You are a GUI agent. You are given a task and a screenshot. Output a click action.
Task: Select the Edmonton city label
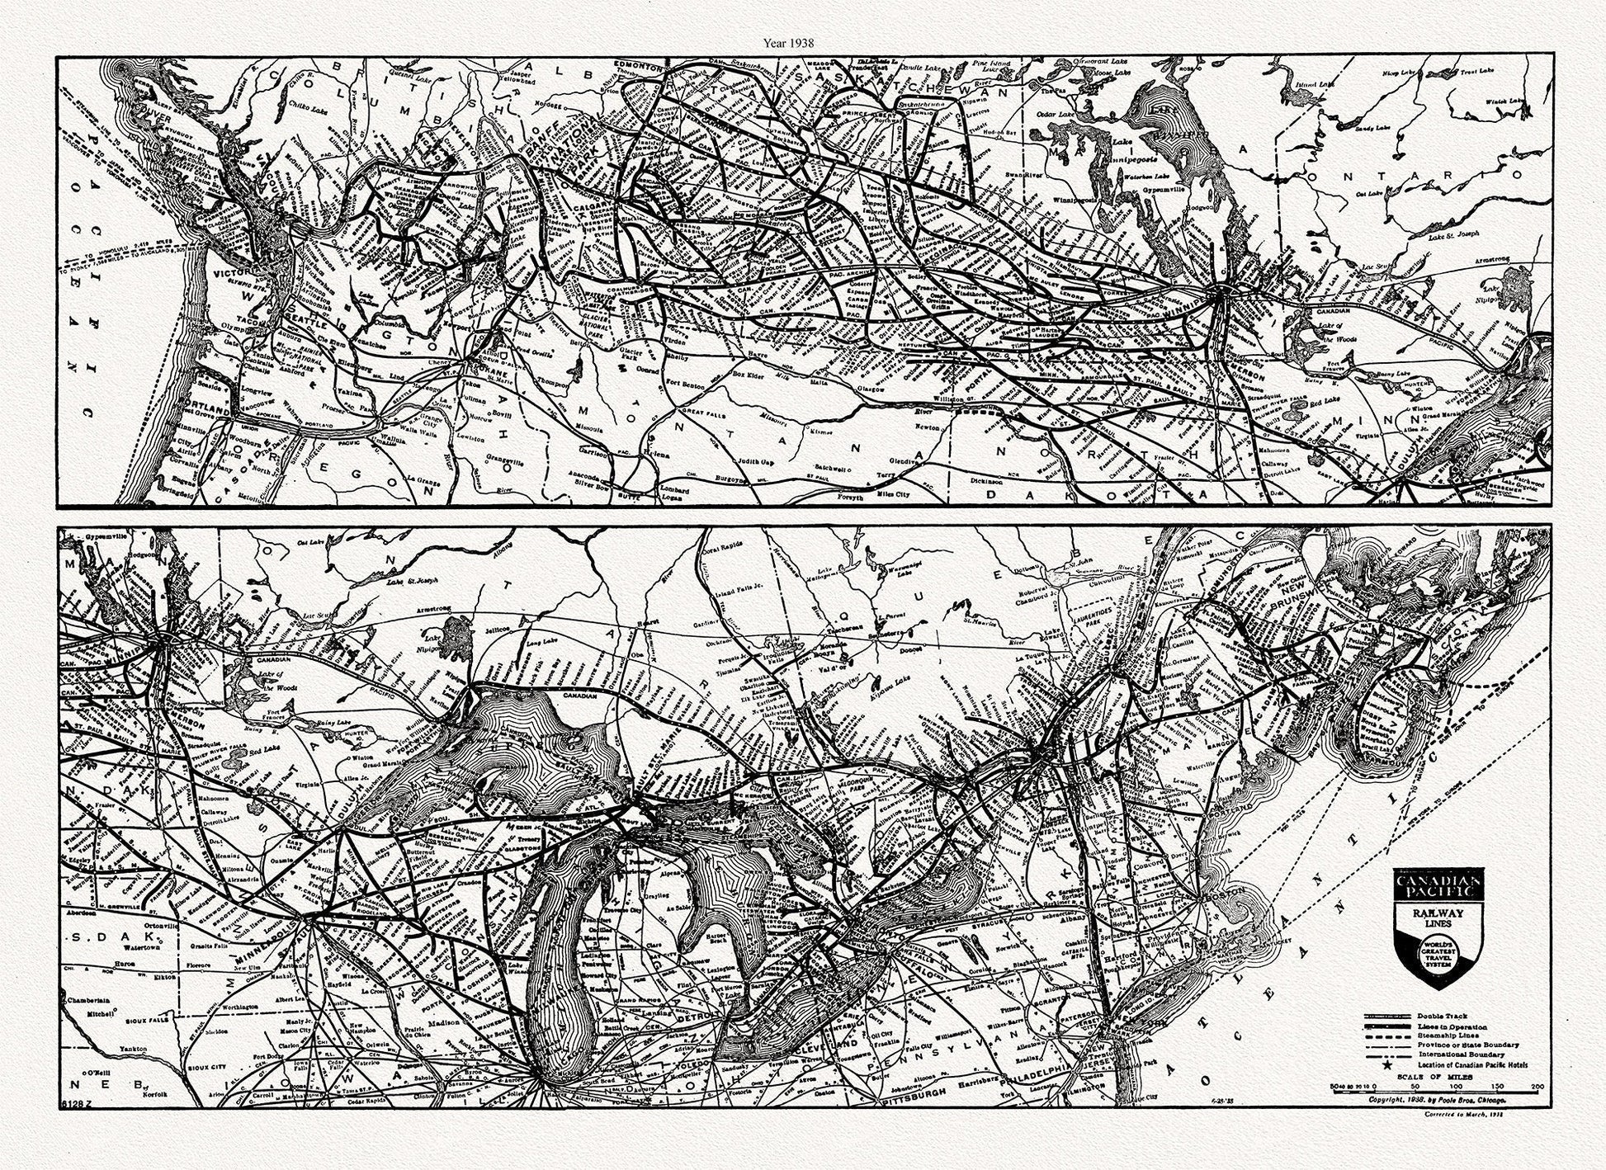642,67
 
